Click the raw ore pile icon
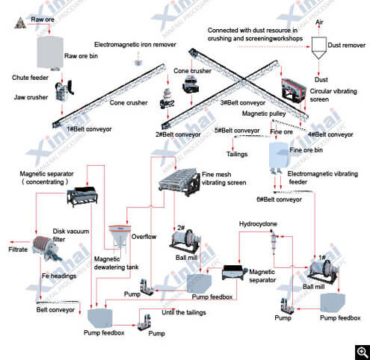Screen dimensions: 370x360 20,22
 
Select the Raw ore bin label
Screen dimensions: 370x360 81,56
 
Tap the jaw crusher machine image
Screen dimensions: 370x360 64,91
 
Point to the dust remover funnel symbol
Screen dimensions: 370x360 319,48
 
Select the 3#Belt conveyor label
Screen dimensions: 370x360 243,103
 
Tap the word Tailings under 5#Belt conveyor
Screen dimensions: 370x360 237,154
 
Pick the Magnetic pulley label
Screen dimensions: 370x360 264,114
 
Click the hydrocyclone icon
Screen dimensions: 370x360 274,241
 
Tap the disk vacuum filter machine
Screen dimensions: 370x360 46,248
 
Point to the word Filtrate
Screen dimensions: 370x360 18,249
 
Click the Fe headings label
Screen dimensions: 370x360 59,276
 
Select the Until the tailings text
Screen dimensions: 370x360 184,312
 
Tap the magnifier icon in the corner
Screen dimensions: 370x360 363,353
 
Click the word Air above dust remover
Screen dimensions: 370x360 319,22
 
